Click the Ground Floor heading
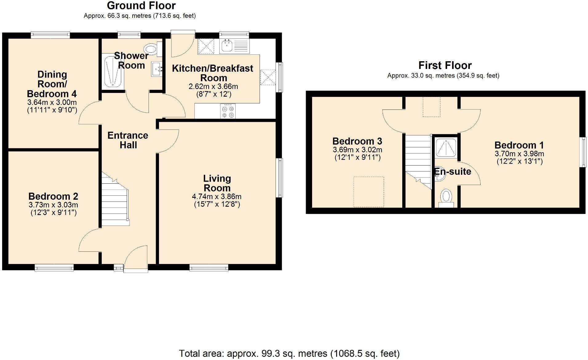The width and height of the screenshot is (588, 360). [141, 6]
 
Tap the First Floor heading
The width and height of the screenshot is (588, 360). [445, 65]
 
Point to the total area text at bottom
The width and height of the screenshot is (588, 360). [289, 354]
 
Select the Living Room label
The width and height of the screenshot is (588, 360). [217, 183]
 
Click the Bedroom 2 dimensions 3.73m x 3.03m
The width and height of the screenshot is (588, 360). [53, 205]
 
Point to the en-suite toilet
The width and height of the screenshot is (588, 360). [446, 197]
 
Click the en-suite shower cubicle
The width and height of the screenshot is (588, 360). [446, 147]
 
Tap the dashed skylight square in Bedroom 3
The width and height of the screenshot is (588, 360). [369, 191]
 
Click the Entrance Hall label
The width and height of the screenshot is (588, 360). [128, 140]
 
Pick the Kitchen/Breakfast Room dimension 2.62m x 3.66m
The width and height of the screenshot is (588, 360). [213, 86]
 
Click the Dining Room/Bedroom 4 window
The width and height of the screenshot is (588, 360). [50, 35]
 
